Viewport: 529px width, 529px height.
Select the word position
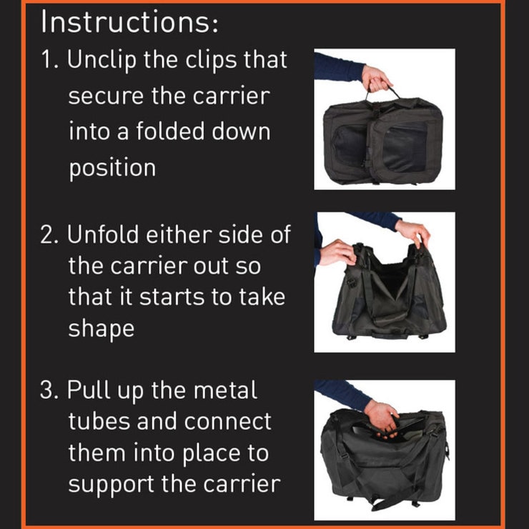click(x=112, y=169)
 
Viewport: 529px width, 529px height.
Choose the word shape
click(x=102, y=329)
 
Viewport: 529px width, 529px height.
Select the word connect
click(x=227, y=422)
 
